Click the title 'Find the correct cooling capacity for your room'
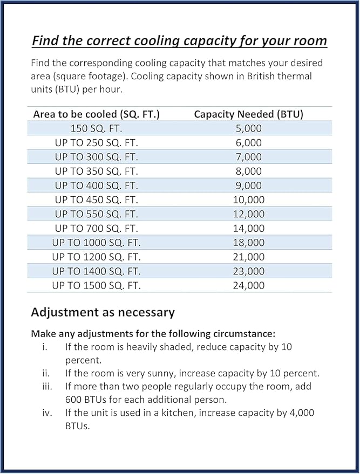point(179,40)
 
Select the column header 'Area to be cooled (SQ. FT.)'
point(96,114)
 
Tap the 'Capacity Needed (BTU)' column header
point(248,114)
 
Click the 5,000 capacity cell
point(248,128)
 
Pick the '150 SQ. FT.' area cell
point(96,128)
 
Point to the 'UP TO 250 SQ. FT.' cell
point(96,143)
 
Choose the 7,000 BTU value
point(248,157)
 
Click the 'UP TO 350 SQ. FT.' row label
point(96,171)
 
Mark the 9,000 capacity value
point(248,186)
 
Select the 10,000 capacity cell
point(248,200)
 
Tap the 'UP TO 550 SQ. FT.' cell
point(96,214)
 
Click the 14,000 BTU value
point(248,229)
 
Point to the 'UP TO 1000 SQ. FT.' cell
point(96,243)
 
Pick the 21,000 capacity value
point(248,257)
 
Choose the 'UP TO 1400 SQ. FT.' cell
point(96,271)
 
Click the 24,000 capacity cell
point(248,286)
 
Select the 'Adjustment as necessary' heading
point(103,312)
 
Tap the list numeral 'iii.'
point(46,387)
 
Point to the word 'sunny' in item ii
point(162,373)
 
